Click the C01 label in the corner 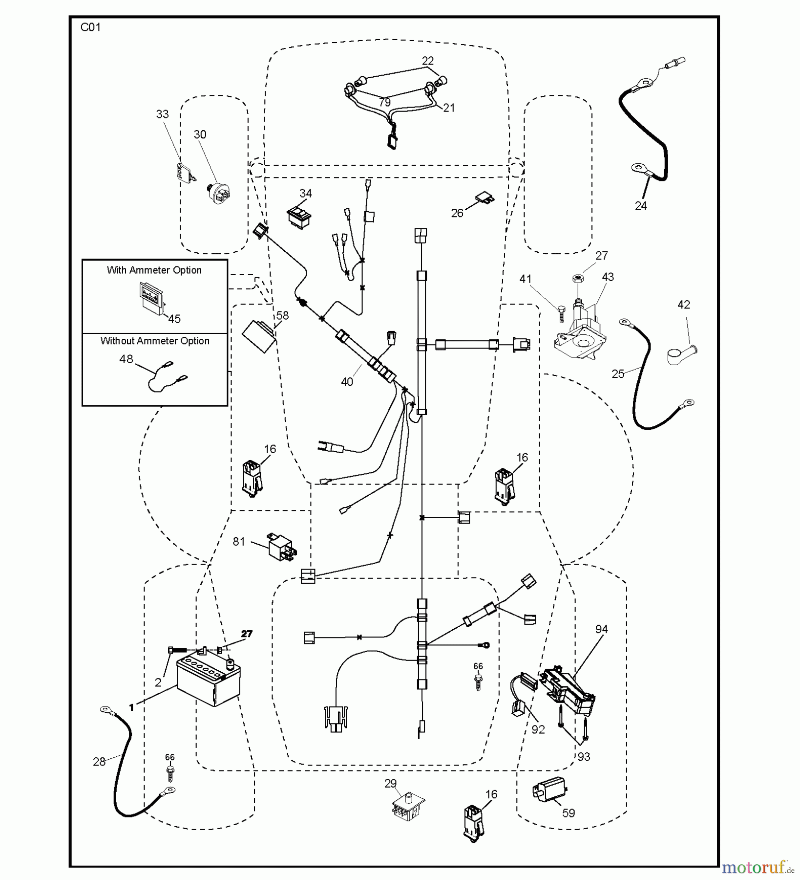pyautogui.click(x=90, y=27)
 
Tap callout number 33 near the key pyautogui.click(x=162, y=114)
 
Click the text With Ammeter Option pyautogui.click(x=154, y=270)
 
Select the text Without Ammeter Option pyautogui.click(x=155, y=341)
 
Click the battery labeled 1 pyautogui.click(x=209, y=683)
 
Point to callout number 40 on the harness pyautogui.click(x=347, y=382)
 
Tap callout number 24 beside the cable pyautogui.click(x=641, y=206)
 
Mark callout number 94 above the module pyautogui.click(x=602, y=629)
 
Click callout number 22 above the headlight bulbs pyautogui.click(x=427, y=61)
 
